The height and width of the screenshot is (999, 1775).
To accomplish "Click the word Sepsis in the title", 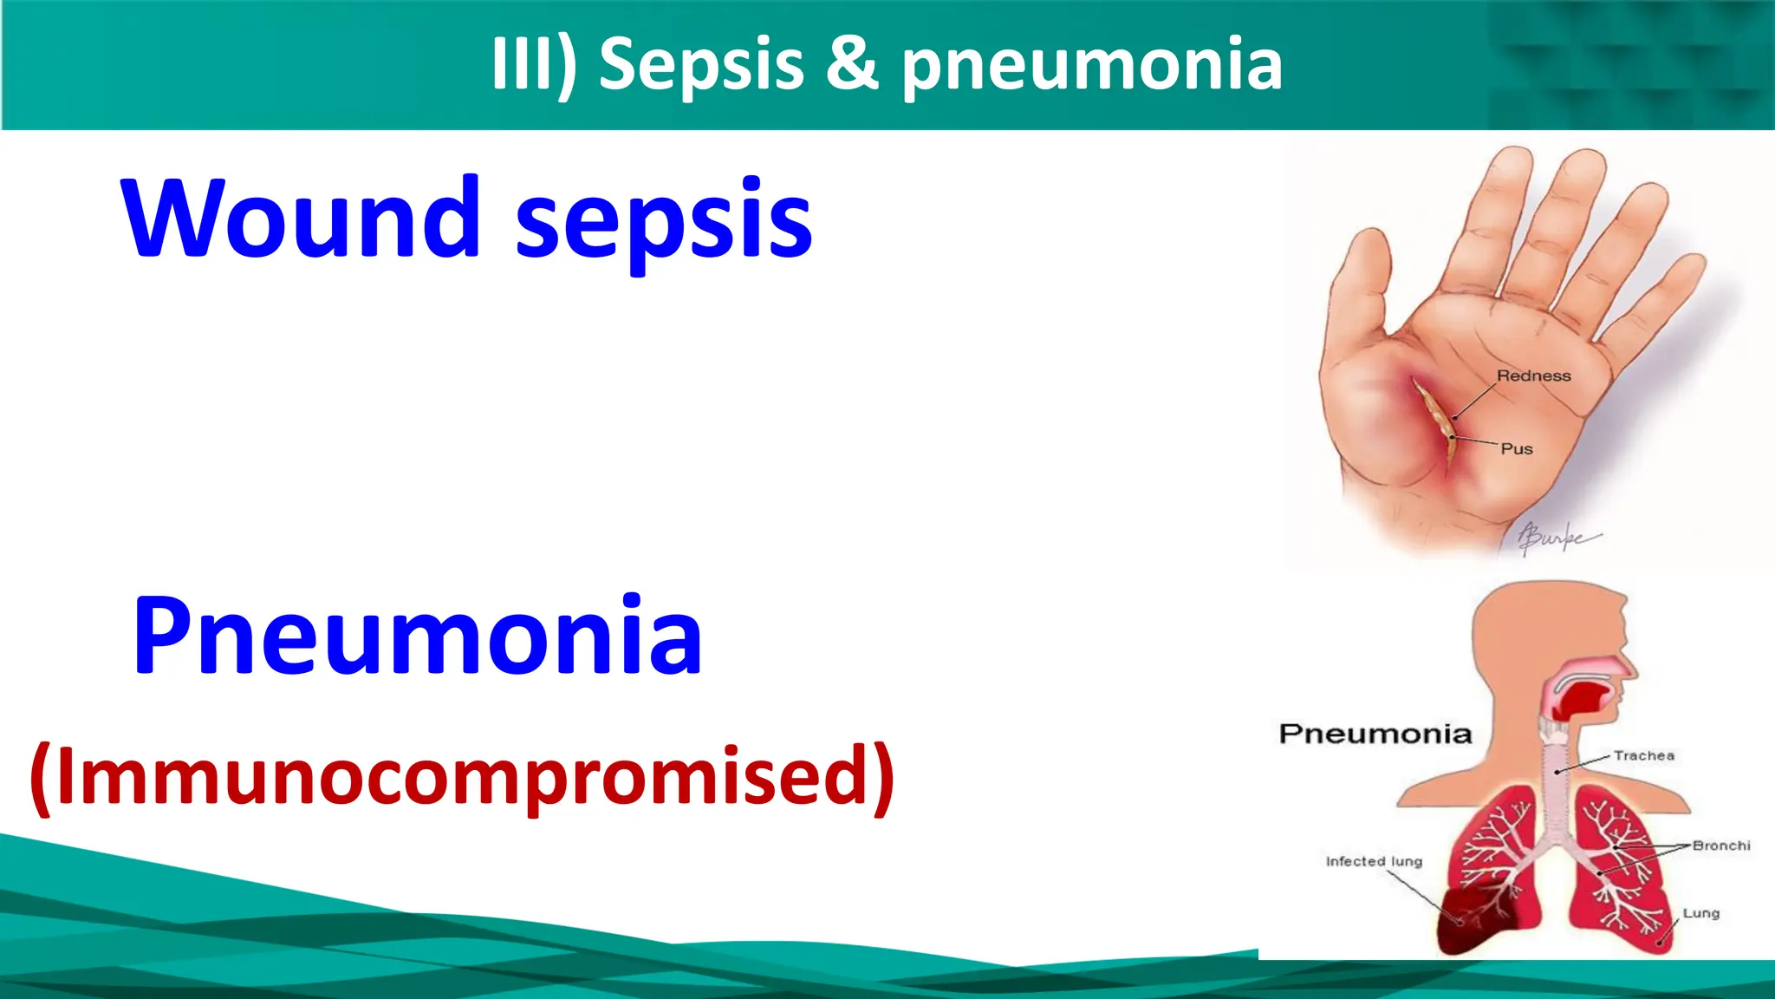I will (x=701, y=65).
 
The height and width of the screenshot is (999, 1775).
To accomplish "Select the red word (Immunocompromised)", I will (x=461, y=775).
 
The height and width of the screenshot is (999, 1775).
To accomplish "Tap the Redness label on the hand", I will (x=1533, y=375).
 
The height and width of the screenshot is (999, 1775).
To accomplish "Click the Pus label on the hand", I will (x=1517, y=448).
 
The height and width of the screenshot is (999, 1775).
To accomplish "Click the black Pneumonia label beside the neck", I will (x=1375, y=734).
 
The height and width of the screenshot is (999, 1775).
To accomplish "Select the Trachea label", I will (x=1643, y=755).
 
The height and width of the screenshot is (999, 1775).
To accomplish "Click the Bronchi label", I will (x=1720, y=845).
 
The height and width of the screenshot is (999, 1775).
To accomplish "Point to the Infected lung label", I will (x=1374, y=861).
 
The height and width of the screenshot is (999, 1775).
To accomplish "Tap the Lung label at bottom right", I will (x=1700, y=913).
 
